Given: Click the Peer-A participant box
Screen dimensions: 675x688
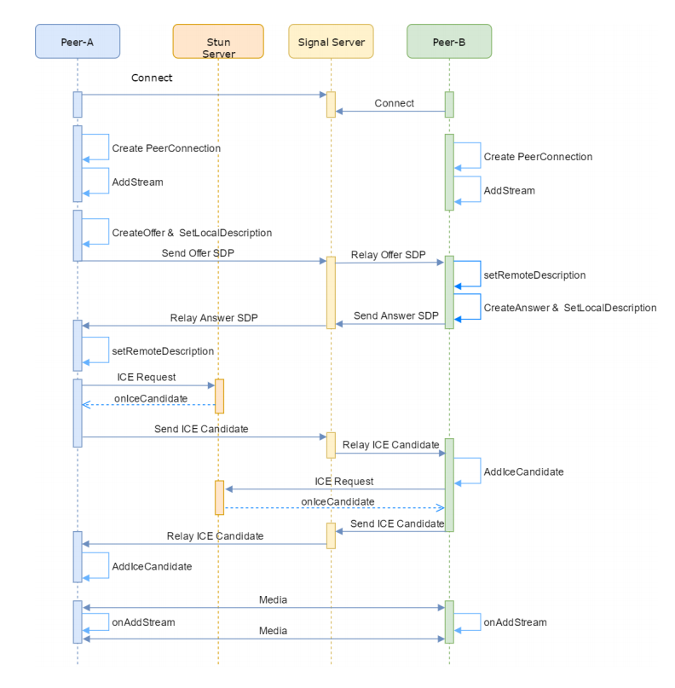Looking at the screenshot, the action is point(78,41).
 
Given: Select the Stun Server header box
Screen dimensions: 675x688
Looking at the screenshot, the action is point(218,41).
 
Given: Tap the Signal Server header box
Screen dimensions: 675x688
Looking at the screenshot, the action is point(332,41).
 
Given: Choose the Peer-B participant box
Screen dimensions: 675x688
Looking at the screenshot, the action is point(449,41).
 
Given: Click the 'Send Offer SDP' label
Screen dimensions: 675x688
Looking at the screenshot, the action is point(198,253).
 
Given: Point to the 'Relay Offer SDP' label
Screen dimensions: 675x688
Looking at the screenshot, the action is point(388,255).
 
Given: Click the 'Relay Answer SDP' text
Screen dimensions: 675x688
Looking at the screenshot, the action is point(214,318).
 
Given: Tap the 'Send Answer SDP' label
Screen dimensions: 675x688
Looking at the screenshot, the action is point(396,316).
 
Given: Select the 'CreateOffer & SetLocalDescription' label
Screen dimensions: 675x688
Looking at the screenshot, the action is point(192,233).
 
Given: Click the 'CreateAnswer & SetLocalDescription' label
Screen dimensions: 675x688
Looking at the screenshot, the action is point(570,308).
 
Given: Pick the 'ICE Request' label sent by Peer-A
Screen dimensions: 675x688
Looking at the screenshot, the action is point(146,378).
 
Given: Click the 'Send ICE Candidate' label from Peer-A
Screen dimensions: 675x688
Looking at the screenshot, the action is point(201,429).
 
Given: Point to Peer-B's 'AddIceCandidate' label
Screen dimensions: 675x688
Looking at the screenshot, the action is point(523,472).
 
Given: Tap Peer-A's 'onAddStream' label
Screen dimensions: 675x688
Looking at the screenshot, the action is point(143,622).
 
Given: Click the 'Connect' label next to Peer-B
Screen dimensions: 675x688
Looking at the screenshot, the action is point(395,103).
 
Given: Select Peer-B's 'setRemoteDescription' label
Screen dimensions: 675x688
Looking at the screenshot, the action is point(534,275).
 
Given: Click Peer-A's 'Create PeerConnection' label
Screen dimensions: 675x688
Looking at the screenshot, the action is point(166,148).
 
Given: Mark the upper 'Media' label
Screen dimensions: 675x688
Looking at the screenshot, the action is point(273,600).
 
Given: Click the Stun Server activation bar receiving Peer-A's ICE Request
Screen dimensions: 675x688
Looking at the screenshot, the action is point(219,396).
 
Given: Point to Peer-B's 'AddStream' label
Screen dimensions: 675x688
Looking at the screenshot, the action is point(509,191).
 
